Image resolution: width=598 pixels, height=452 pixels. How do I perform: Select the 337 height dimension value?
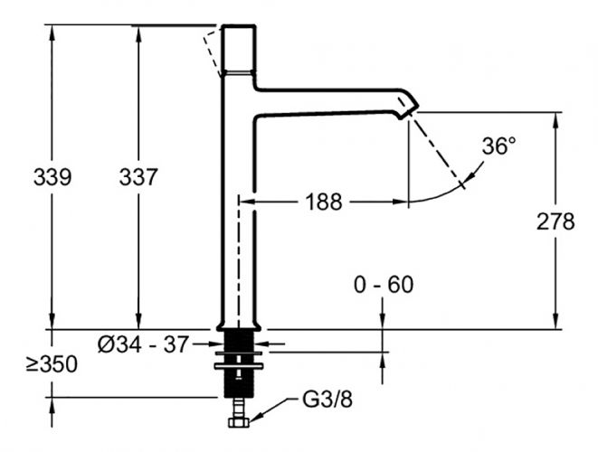pyautogui.click(x=138, y=177)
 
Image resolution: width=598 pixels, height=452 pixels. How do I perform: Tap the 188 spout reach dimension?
pyautogui.click(x=322, y=202)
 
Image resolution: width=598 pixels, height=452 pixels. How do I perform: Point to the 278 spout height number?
pyautogui.click(x=555, y=221)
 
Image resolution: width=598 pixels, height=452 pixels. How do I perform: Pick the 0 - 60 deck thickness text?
pyautogui.click(x=383, y=285)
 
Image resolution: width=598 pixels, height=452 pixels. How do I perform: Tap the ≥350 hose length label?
pyautogui.click(x=51, y=364)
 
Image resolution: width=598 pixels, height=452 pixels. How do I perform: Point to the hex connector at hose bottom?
pyautogui.click(x=239, y=420)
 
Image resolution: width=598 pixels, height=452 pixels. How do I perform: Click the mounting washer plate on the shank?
pyautogui.click(x=239, y=365)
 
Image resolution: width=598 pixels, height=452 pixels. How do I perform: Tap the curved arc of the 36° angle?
pyautogui.click(x=443, y=193)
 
